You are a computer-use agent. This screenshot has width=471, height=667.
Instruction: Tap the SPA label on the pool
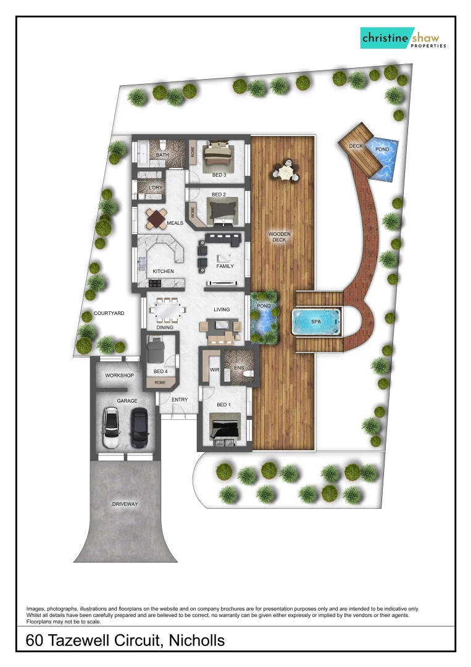point(317,322)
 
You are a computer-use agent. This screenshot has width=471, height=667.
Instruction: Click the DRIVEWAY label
point(125,504)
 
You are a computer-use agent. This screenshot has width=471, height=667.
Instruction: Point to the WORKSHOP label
point(119,375)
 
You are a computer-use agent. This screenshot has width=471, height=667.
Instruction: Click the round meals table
point(157,219)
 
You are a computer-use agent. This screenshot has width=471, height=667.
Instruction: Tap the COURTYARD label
point(109,314)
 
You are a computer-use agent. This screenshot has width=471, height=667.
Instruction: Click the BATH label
point(162,155)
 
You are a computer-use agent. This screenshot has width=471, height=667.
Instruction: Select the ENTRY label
point(180,400)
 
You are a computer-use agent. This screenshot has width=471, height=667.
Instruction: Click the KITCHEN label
point(164,271)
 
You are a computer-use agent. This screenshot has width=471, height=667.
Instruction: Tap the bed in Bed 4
point(156,351)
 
